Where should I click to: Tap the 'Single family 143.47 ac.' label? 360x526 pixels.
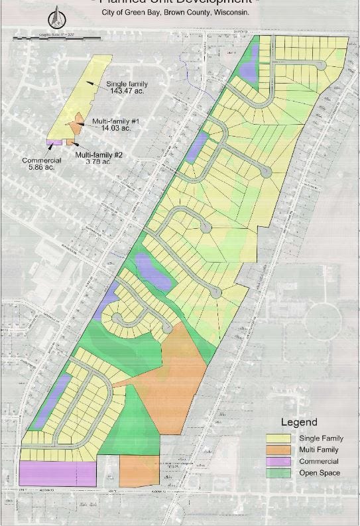click(x=127, y=87)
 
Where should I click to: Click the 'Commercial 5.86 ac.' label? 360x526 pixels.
click(x=41, y=164)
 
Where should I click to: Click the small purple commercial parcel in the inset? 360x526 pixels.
click(x=53, y=142)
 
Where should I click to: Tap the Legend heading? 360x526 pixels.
click(x=299, y=422)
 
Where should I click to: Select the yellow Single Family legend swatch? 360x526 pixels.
click(x=279, y=438)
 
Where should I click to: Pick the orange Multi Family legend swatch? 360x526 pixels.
click(x=279, y=450)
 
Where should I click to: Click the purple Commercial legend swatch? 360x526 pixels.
click(x=279, y=461)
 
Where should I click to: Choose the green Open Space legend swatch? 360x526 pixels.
click(x=279, y=472)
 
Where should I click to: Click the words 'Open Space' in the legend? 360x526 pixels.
click(x=320, y=472)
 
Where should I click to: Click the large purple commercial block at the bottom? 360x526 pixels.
click(x=57, y=473)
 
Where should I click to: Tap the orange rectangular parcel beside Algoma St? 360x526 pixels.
click(x=139, y=470)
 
